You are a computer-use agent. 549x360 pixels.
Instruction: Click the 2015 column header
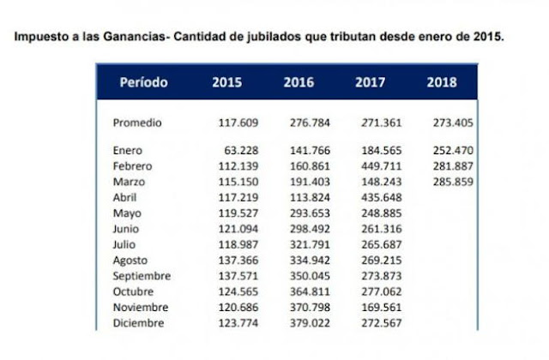coord(227,83)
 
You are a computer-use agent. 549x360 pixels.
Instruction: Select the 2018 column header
coord(442,83)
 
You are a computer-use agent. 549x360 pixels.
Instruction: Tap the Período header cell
coord(143,83)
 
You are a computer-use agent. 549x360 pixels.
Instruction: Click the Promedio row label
coord(137,123)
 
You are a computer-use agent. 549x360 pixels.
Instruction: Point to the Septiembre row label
coord(142,276)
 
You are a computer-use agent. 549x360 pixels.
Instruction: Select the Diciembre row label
coord(137,322)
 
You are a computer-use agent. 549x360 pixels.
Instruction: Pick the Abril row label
coord(127,197)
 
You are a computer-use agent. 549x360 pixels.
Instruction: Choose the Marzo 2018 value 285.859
coord(454,182)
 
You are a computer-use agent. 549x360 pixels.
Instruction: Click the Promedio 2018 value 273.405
coord(454,123)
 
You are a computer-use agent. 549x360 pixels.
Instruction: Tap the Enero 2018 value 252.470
coord(454,151)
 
